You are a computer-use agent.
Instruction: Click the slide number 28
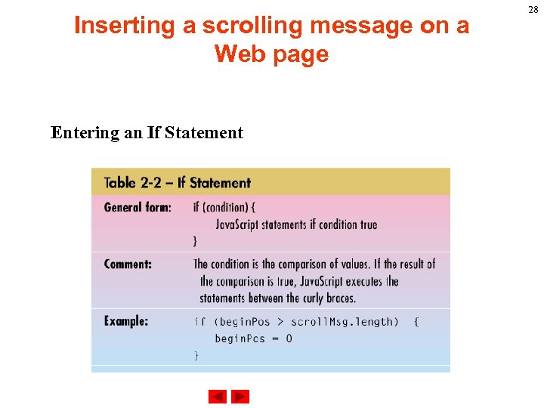(533, 10)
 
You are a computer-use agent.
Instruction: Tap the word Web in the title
(242, 54)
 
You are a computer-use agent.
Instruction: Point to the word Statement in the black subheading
(204, 133)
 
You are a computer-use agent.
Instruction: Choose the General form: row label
(138, 208)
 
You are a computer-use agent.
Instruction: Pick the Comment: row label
(128, 264)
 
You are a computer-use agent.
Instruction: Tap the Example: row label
(126, 321)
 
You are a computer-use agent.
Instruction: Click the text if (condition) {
(224, 208)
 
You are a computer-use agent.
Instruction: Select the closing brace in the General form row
(196, 241)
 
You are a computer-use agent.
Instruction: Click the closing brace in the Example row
(197, 355)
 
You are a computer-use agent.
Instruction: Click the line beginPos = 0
(253, 338)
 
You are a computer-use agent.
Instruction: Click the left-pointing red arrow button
(218, 397)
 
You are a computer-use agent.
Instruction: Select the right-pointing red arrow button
(240, 397)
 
